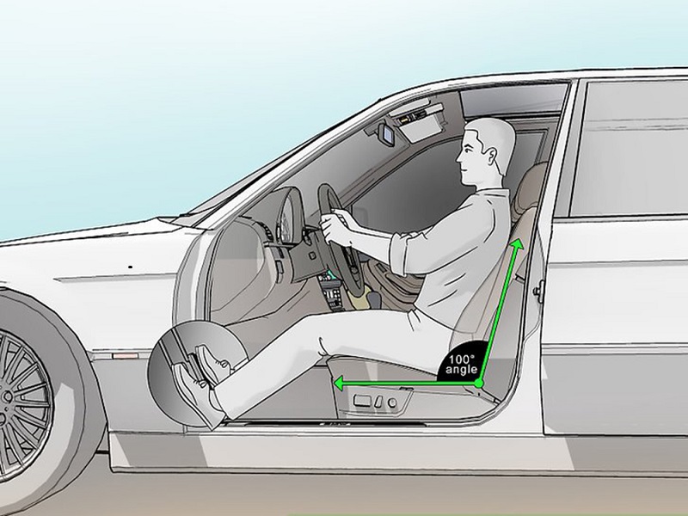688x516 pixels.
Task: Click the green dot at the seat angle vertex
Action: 479,384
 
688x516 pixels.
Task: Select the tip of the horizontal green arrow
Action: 335,384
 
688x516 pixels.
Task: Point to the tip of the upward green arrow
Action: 520,240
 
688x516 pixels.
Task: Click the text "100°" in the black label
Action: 461,359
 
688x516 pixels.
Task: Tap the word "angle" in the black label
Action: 461,370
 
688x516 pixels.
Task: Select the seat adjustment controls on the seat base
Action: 375,402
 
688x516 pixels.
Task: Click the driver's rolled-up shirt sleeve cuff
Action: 397,255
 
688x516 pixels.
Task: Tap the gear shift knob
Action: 374,299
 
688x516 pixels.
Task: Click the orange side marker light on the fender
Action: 125,355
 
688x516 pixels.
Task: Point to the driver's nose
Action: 458,157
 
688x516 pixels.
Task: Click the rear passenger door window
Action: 630,148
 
